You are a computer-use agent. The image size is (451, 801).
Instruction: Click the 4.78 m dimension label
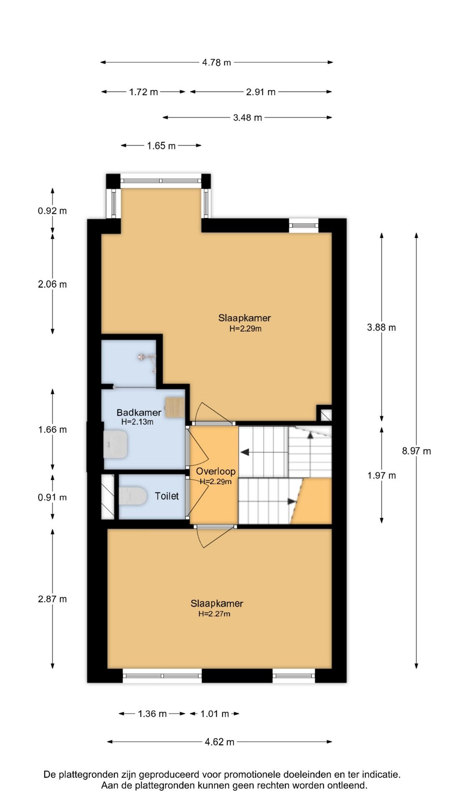216,63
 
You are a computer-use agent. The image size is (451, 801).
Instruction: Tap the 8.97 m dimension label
416,451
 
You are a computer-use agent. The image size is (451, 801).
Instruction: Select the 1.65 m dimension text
161,146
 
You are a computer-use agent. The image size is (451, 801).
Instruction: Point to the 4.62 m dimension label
220,742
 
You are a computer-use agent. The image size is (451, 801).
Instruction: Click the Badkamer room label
139,413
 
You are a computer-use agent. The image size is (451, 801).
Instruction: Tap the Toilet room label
167,496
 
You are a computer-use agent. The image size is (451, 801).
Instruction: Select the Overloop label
216,471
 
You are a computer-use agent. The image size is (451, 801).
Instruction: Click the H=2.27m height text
214,614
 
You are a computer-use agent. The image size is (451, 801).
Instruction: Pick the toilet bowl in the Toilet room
132,496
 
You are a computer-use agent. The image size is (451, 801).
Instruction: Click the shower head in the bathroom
142,357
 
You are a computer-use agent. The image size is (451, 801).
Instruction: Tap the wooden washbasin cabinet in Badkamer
175,408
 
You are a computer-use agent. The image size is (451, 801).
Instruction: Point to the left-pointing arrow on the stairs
245,452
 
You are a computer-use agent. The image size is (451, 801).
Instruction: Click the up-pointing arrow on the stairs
310,435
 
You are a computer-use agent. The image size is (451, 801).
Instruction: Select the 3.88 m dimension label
381,327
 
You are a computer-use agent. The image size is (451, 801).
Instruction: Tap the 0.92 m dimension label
52,211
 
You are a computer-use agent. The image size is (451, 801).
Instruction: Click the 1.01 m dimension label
215,714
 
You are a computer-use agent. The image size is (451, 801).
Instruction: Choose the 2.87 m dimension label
52,599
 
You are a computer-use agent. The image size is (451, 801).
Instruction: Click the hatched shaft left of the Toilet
108,496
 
